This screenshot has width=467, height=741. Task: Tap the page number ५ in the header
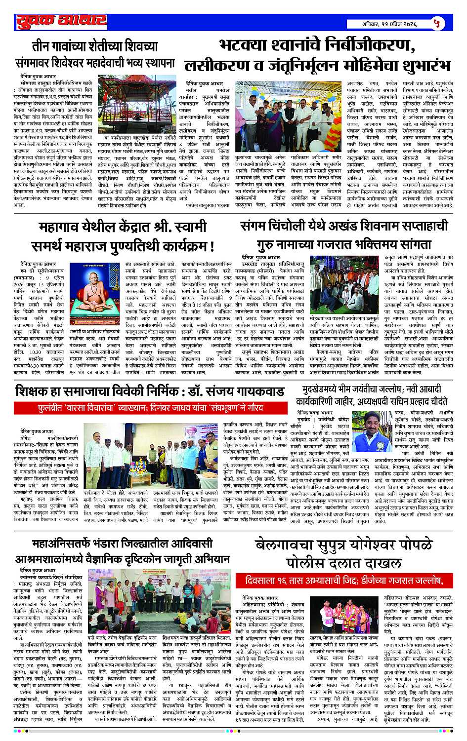436,23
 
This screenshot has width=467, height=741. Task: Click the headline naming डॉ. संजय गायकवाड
150,391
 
